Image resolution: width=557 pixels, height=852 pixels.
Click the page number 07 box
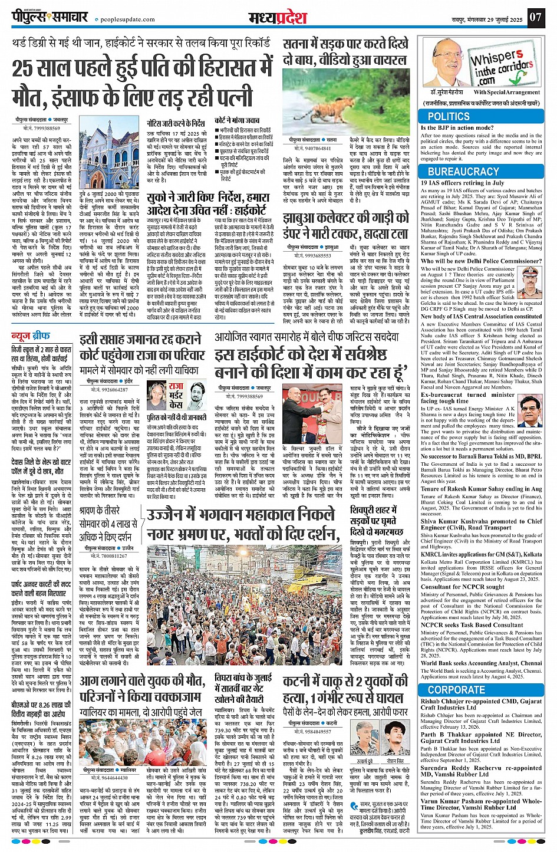(535, 17)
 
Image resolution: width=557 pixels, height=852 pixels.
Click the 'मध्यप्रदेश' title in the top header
(278, 17)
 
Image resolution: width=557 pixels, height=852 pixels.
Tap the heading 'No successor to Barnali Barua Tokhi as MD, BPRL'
(481, 456)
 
